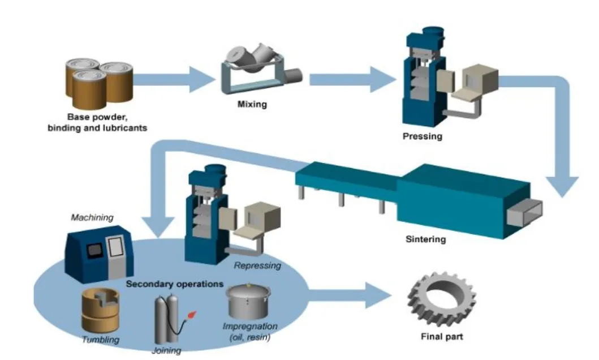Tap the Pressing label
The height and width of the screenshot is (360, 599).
422,136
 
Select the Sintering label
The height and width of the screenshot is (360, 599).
425,239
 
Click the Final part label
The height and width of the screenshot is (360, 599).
442,337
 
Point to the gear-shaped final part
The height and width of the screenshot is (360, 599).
442,297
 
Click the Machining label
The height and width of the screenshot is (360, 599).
92,217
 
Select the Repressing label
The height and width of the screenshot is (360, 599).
257,265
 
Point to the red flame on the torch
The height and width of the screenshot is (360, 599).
193,312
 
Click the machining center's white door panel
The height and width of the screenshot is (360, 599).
115,250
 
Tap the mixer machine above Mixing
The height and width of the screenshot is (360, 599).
258,71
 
